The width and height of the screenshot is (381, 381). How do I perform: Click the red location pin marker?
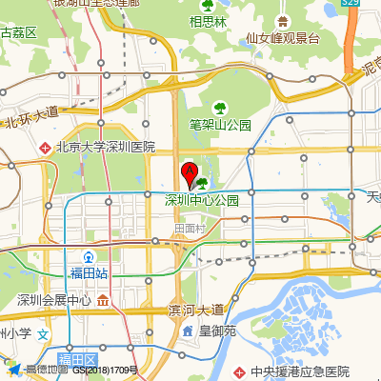(x=190, y=174)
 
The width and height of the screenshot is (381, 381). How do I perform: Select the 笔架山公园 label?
(x=219, y=125)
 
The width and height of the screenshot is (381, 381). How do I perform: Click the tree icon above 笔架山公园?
(x=220, y=108)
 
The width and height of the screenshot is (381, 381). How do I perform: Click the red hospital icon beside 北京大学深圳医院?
(x=44, y=148)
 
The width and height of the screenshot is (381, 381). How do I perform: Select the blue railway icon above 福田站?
(x=89, y=256)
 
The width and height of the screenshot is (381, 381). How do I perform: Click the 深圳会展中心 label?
(x=54, y=301)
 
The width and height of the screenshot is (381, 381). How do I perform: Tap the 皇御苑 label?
(x=217, y=331)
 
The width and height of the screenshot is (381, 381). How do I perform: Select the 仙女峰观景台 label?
(x=281, y=39)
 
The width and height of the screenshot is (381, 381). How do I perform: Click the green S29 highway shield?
(x=351, y=4)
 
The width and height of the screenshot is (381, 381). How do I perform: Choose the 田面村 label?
(x=190, y=229)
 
